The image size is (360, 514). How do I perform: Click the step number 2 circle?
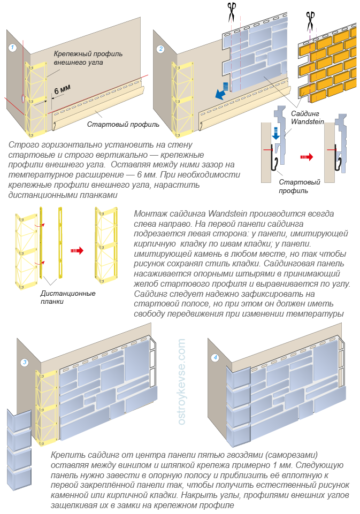pyautogui.click(x=160, y=49)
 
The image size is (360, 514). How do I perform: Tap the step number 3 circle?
pyautogui.click(x=25, y=363)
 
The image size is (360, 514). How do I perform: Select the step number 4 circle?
pyautogui.click(x=215, y=357)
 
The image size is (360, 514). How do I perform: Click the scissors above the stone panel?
pyautogui.click(x=232, y=11)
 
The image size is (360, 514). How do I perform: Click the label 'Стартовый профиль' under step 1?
pyautogui.click(x=123, y=125)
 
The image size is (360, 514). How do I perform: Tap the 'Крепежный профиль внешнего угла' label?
pyautogui.click(x=88, y=58)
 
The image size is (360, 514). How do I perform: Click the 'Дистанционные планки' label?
pyautogui.click(x=67, y=297)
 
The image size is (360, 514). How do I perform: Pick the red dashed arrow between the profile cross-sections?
pyautogui.click(x=306, y=157)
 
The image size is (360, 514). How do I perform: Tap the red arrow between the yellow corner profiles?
pyautogui.click(x=78, y=249)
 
